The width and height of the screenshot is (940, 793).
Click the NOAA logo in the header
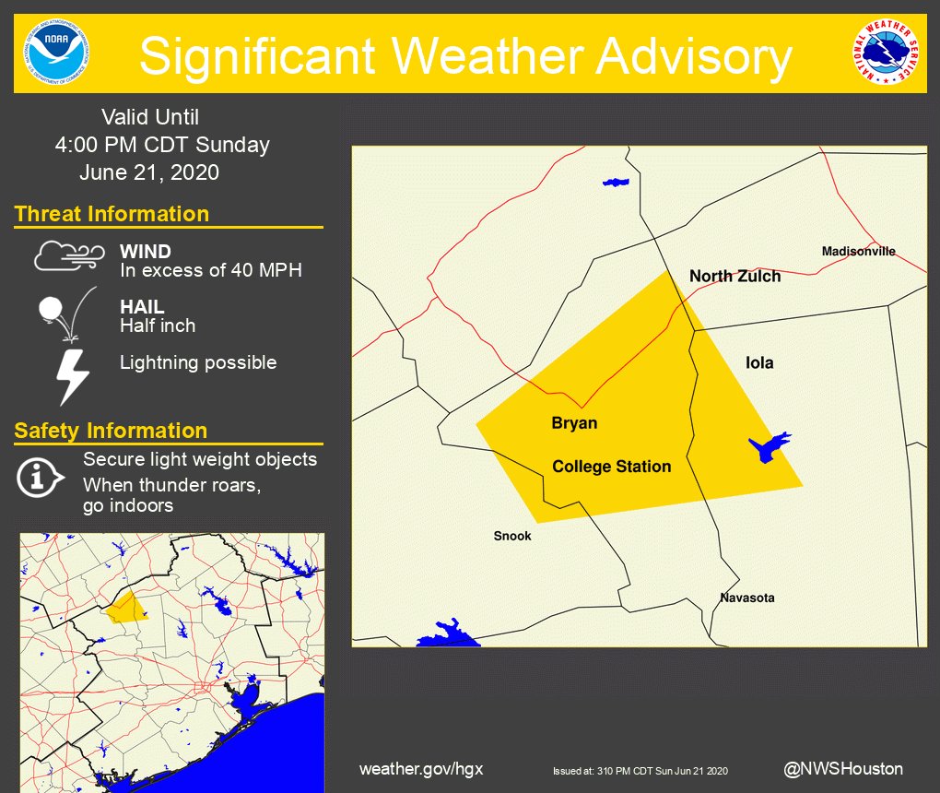tap(53, 53)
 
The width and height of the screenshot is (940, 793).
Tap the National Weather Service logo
tap(886, 53)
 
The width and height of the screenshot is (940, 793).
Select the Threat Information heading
tap(112, 214)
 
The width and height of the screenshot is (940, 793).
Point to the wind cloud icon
tap(69, 255)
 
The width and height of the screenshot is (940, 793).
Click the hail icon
tap(64, 314)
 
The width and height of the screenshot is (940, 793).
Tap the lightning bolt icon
tap(73, 375)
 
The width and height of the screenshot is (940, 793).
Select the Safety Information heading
tap(111, 431)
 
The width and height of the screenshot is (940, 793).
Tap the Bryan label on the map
tap(574, 423)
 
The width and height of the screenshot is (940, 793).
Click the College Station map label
tap(611, 467)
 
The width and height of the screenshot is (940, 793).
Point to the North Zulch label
tap(734, 276)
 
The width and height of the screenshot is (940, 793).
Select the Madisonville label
tap(858, 252)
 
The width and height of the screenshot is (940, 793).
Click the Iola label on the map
tap(759, 362)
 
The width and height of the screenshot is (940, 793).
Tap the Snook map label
tap(512, 536)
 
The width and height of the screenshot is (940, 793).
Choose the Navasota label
tap(747, 598)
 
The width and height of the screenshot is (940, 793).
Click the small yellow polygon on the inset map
tap(125, 608)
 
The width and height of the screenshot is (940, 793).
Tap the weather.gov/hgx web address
tap(421, 769)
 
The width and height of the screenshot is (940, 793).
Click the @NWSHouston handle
tap(842, 768)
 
